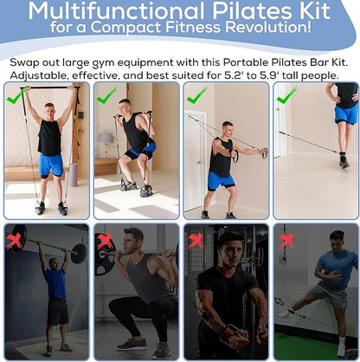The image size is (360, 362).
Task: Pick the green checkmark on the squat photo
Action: [x=107, y=95]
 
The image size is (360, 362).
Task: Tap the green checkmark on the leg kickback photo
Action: [x=286, y=95]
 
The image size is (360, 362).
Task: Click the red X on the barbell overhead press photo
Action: [x=14, y=241]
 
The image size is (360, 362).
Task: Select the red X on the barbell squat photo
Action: [x=105, y=241]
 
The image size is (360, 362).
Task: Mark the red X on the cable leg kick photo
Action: [x=286, y=241]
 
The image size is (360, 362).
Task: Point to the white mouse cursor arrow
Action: [x=280, y=301]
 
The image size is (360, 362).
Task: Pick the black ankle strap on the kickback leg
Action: [x=343, y=154]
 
